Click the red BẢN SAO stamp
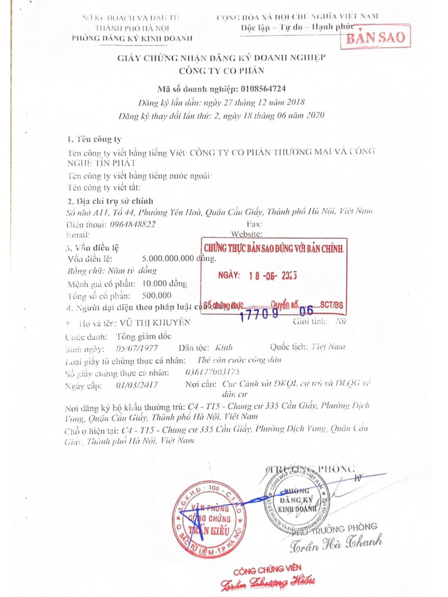point(375,37)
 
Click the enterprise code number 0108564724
point(263,89)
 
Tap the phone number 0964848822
point(133,224)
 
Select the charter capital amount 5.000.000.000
point(168,259)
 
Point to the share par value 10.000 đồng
point(165,284)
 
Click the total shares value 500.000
point(157,295)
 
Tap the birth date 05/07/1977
point(137,348)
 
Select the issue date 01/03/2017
point(137,385)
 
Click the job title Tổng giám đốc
point(144,336)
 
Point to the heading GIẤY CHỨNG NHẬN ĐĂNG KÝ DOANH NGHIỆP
point(221,58)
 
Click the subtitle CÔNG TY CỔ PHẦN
point(222,71)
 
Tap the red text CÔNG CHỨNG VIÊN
point(267,570)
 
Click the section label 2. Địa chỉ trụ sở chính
point(110,201)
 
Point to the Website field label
point(247,234)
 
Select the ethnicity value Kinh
point(224,347)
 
